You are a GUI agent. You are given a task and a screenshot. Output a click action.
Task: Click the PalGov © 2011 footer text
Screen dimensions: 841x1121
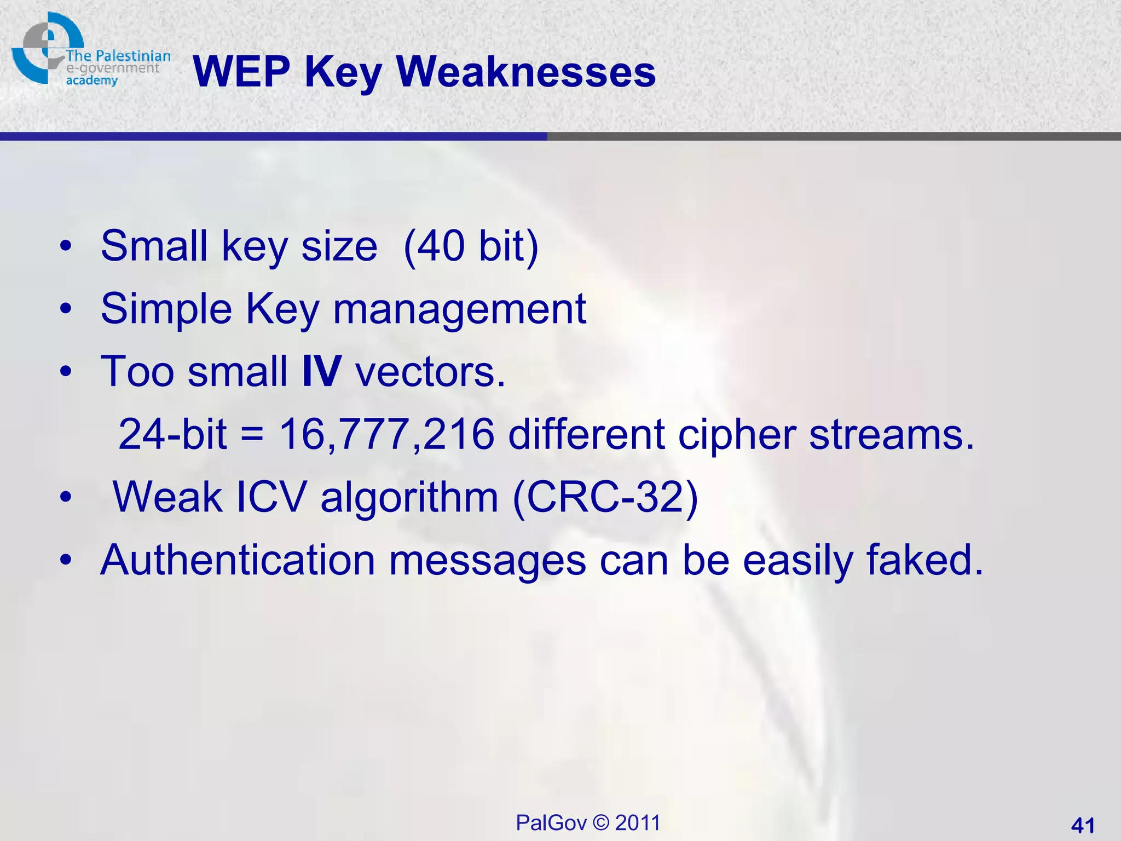[588, 822]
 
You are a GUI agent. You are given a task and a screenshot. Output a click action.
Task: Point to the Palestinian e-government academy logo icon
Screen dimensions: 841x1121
[47, 48]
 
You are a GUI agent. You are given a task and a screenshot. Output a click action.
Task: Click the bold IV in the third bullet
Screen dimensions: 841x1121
[322, 371]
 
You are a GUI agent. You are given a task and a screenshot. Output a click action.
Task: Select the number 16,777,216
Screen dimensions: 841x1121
[387, 434]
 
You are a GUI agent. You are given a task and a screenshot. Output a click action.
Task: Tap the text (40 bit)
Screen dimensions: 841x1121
[471, 246]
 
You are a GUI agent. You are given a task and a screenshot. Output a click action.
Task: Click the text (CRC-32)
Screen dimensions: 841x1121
[605, 497]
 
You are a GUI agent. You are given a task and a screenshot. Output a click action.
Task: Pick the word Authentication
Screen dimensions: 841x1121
[238, 560]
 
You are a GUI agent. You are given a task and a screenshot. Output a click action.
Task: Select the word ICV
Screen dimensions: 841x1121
[271, 497]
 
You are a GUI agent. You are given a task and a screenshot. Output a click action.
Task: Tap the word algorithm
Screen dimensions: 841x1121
[409, 497]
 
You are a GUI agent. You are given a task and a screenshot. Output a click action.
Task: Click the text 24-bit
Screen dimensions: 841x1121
[172, 434]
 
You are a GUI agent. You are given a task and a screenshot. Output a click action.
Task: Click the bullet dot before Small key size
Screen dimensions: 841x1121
[66, 246]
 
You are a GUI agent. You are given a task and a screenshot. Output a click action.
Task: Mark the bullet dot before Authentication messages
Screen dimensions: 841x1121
[66, 561]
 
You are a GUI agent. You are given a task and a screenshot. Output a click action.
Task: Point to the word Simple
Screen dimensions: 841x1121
[166, 309]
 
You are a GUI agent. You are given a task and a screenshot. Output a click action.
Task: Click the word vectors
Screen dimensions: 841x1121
[430, 371]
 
